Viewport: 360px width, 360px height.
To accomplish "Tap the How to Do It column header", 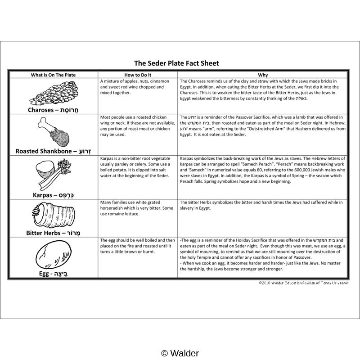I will [x=138, y=75].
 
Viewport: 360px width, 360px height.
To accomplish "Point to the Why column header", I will [x=263, y=75].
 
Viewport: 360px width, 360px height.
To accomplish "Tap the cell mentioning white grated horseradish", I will [x=138, y=208].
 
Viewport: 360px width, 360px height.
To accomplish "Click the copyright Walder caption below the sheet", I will [x=180, y=353].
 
